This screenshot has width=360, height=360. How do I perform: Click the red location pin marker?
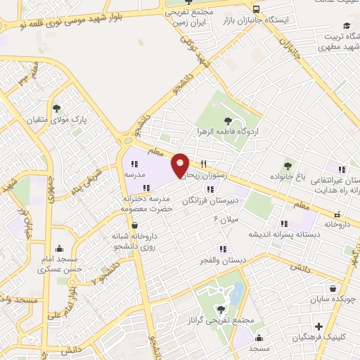pos(180,165)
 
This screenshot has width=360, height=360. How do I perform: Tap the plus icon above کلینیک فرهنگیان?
pos(319,326)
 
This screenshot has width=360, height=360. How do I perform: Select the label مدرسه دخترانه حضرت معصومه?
pos(146,204)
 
